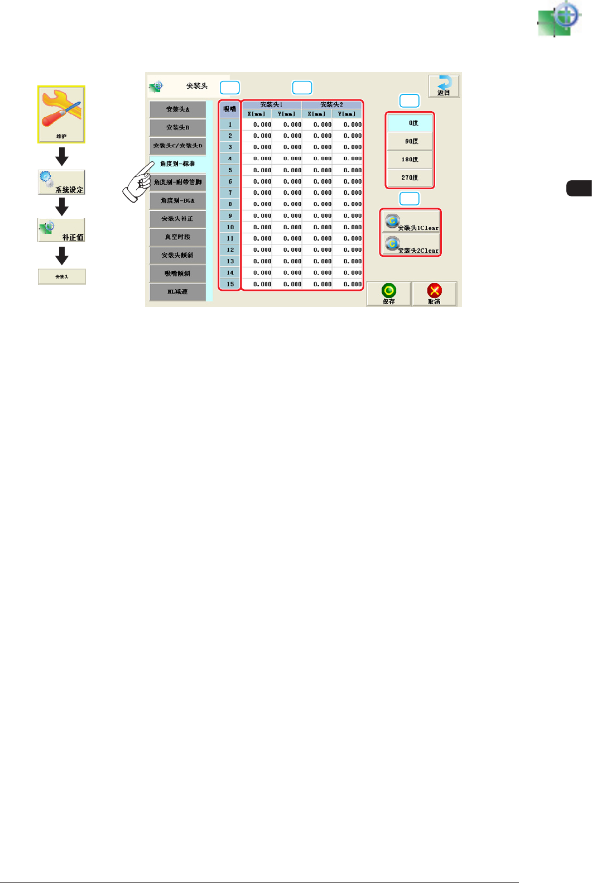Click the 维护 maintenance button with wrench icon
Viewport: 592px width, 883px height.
pos(61,114)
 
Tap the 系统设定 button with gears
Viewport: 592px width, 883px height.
pos(61,183)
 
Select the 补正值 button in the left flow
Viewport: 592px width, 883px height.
pos(61,230)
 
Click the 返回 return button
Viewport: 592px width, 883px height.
pos(444,86)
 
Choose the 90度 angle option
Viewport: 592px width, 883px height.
pos(410,141)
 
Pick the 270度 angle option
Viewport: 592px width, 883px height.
pos(410,177)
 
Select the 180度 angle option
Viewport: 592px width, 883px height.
pos(410,160)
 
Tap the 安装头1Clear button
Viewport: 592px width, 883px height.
pos(411,222)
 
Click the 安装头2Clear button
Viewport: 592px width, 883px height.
pos(411,245)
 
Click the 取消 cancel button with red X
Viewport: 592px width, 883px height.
pos(434,294)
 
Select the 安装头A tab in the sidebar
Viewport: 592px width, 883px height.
pos(177,109)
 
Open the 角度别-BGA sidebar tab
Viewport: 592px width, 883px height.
pos(177,200)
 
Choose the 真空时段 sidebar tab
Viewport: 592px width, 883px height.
pos(177,237)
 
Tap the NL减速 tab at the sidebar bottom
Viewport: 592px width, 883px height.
pos(177,292)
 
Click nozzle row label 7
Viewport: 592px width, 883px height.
pos(230,193)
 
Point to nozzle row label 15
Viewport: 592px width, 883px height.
pos(230,284)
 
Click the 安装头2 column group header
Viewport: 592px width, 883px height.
pos(331,104)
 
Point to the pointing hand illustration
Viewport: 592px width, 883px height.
pos(137,182)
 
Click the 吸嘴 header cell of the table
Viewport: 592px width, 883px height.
pos(230,109)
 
